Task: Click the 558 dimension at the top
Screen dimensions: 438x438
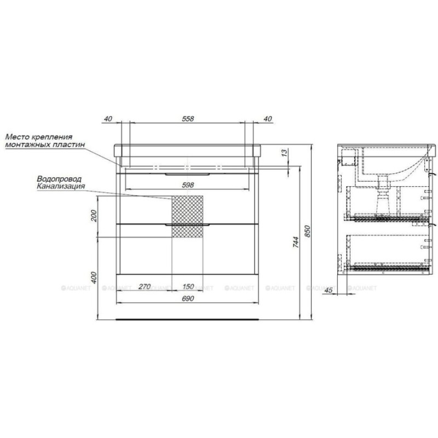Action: click(x=188, y=119)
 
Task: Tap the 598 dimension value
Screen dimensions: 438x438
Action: click(x=188, y=185)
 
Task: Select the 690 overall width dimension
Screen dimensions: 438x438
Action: click(x=188, y=298)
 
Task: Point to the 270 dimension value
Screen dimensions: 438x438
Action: click(x=145, y=286)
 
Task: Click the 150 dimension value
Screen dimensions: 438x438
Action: click(x=188, y=286)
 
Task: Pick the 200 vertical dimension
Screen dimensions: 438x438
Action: click(x=94, y=216)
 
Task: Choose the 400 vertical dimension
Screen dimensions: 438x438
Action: click(x=94, y=278)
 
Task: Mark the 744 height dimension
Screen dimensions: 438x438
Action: click(x=296, y=242)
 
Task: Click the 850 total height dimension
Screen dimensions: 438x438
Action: click(x=308, y=231)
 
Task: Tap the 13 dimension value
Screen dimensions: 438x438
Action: click(x=284, y=153)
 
